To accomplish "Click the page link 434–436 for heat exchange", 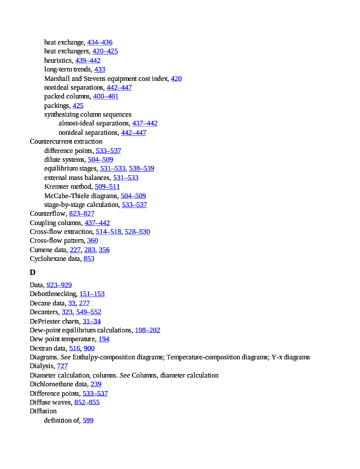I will [x=100, y=42].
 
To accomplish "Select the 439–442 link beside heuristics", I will [x=88, y=60].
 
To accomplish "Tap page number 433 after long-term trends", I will [x=100, y=69].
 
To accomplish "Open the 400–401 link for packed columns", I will [x=106, y=96].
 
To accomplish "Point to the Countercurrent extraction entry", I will [x=66, y=141].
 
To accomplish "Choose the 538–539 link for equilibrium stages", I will [x=141, y=168].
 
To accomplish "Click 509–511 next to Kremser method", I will [x=107, y=186].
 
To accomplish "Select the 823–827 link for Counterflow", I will [x=81, y=213].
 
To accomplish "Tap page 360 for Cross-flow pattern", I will [x=93, y=240].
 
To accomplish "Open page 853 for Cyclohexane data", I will [x=89, y=259].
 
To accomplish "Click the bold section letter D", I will [x=33, y=273].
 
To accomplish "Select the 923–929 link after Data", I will [x=59, y=285].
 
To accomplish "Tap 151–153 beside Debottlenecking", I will [x=92, y=294].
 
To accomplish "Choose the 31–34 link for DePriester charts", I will [x=91, y=321].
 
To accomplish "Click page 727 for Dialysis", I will [x=62, y=366].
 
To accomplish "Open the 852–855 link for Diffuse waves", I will [x=87, y=402].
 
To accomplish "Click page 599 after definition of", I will [x=88, y=420].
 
